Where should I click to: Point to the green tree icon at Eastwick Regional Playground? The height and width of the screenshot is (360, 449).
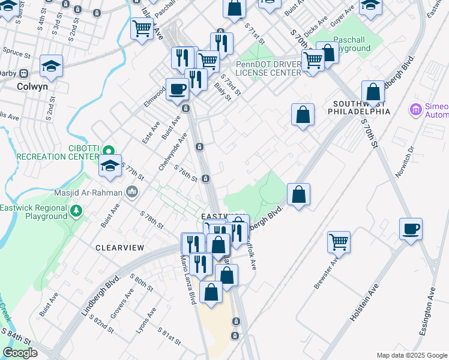76,211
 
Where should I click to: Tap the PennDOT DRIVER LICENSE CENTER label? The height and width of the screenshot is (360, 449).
268,68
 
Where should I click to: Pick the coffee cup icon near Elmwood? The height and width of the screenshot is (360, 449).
177,89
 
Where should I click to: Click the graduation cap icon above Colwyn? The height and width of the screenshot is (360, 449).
52,67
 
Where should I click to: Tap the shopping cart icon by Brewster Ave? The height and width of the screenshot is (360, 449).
339,242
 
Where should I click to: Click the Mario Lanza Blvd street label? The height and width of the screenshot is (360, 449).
188,279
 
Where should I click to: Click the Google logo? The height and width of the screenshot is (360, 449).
20,353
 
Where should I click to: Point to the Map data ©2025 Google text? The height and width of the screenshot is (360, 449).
411,355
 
